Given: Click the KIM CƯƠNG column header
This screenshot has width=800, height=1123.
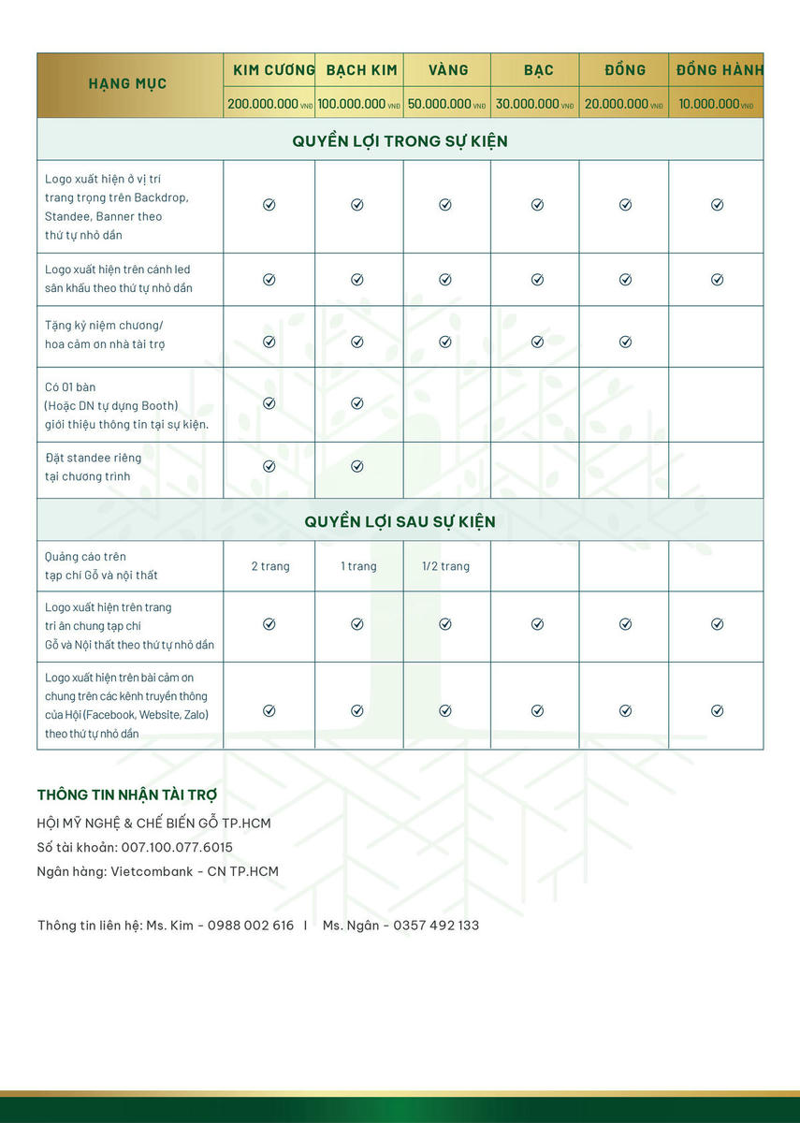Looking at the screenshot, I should pos(269,70).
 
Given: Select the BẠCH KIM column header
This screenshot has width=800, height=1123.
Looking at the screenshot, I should pos(361,70).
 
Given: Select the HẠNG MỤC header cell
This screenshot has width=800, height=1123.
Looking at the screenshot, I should pos(128,84).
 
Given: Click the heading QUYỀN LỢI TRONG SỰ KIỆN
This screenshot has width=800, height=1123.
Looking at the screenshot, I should pos(400,141).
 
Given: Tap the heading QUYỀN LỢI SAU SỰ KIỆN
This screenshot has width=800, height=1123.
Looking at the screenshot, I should pos(400,521).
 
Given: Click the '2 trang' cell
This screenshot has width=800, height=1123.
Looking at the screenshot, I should pos(270,566).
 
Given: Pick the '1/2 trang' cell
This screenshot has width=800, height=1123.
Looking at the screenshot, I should pos(445,566).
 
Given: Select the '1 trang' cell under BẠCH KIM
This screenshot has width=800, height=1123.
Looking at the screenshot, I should pos(358,566).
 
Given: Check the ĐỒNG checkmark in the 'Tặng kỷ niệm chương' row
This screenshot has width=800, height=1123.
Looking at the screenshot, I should pos(625,342).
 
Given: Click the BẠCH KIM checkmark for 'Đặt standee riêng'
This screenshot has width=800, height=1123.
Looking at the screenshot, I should pos(357,466).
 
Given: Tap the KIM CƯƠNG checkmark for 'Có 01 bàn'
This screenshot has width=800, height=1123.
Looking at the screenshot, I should pos(269,403).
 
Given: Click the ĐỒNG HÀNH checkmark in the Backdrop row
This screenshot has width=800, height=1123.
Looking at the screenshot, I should pos(717,205).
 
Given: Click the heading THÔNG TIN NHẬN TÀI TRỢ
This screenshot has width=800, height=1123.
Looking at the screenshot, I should pos(127,795).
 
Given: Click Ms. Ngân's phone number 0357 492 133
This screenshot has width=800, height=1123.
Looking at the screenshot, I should pos(436,926).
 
